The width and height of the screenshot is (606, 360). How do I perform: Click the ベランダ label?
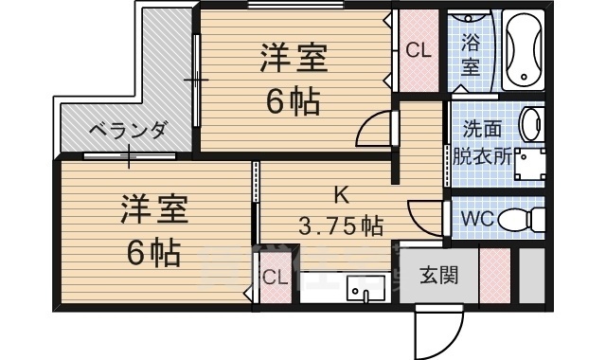[x=128, y=130]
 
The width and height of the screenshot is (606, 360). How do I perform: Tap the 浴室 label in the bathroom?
[x=471, y=55]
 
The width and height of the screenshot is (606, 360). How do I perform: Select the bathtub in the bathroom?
[x=524, y=49]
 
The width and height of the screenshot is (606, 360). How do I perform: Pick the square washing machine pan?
[x=528, y=163]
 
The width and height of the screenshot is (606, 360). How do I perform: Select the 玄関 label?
[x=438, y=277]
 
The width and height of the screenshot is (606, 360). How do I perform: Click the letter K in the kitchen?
[x=339, y=195]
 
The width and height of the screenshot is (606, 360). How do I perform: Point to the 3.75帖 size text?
[x=341, y=227]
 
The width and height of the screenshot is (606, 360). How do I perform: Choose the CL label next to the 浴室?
[x=419, y=49]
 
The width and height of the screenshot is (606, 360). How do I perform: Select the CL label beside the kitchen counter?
[x=276, y=278]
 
